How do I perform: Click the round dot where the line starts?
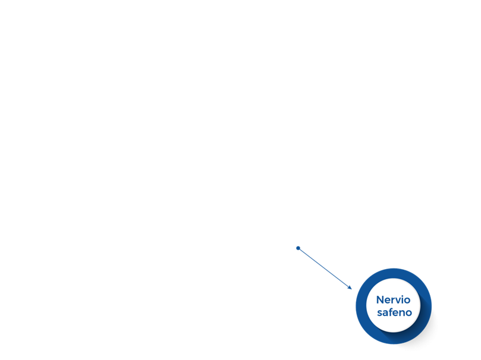pyautogui.click(x=298, y=248)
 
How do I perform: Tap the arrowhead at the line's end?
pyautogui.click(x=350, y=288)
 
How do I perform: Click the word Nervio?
pyautogui.click(x=393, y=299)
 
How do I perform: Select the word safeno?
pyautogui.click(x=394, y=312)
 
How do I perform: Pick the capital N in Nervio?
pyautogui.click(x=380, y=299)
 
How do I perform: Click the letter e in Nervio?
pyautogui.click(x=388, y=301)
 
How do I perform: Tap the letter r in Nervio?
pyautogui.click(x=394, y=301)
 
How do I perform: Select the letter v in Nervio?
pyautogui.click(x=399, y=301)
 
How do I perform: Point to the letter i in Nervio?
pyautogui.click(x=404, y=299)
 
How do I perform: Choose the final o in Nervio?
pyautogui.click(x=408, y=301)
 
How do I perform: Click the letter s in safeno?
pyautogui.click(x=379, y=314)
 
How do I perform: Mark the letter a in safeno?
pyautogui.click(x=386, y=314)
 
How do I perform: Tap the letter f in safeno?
pyautogui.click(x=391, y=312)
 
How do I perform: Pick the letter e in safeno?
pyautogui.click(x=397, y=314)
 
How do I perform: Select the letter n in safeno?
pyautogui.click(x=403, y=314)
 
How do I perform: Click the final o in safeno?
pyautogui.click(x=409, y=314)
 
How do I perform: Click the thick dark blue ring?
pyautogui.click(x=361, y=307)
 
